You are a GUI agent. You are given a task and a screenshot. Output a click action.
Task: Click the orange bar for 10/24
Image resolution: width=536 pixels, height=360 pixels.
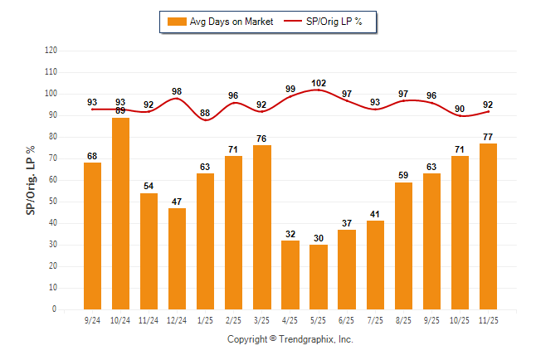(x=120, y=213)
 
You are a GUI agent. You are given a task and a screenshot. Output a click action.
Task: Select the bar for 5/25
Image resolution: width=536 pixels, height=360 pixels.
(x=319, y=276)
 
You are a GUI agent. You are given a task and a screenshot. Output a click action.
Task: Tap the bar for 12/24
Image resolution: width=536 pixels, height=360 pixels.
(x=177, y=258)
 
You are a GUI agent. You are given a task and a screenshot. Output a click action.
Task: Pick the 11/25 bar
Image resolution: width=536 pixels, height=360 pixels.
(x=489, y=226)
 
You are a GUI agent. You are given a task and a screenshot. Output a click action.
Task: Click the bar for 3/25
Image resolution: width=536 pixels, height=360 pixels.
(x=262, y=227)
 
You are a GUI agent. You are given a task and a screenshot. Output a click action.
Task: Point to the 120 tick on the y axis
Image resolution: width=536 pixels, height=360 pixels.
(x=51, y=51)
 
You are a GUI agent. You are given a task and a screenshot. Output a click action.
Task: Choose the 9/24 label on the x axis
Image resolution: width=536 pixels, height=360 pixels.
(x=92, y=319)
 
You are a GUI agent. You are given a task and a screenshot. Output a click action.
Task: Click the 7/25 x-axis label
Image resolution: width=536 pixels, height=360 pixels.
(x=375, y=319)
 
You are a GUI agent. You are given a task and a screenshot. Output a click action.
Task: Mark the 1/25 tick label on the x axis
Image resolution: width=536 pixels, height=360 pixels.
(x=205, y=319)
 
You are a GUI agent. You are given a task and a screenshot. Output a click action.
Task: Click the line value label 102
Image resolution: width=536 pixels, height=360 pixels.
(x=319, y=83)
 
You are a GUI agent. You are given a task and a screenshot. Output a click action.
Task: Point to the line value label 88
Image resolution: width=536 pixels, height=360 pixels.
(x=205, y=114)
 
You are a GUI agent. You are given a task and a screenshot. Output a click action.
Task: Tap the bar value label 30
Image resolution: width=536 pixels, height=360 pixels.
(x=319, y=238)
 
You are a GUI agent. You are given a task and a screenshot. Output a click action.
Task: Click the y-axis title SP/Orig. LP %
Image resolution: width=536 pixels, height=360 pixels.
(x=31, y=179)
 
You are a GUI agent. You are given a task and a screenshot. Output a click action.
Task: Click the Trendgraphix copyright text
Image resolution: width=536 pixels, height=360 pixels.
(x=290, y=339)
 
